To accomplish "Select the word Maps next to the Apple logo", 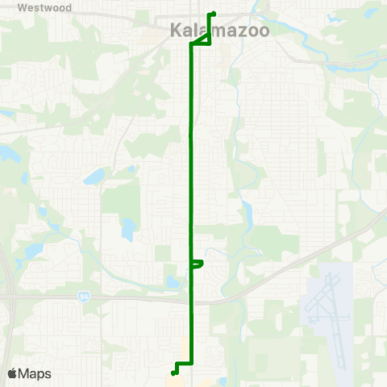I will (35, 373).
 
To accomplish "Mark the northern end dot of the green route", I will (212, 14).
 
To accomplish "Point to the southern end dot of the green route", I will (175, 372).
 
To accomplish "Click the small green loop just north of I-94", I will (198, 263).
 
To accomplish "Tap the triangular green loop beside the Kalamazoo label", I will (203, 40).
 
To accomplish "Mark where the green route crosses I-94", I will (191, 302).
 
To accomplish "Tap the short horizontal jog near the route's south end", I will (185, 363).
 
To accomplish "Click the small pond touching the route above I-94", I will (173, 283).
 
